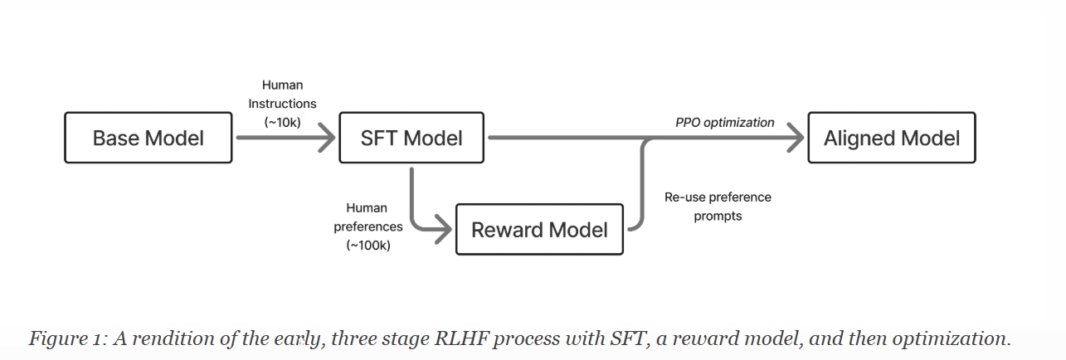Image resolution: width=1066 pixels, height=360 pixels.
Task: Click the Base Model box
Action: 148,138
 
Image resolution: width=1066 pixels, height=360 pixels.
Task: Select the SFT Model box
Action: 411,138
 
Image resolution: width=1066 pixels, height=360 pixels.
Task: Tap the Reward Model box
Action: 540,230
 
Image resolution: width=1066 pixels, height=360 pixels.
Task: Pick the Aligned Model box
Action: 892,138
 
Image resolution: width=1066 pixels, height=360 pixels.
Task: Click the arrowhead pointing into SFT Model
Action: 328,138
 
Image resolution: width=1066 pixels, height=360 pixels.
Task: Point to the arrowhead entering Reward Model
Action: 444,230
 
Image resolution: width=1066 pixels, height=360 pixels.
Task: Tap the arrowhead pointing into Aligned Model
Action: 796,138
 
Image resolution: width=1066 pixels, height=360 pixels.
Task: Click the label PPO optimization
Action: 725,123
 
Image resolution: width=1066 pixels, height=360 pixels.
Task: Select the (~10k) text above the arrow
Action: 283,123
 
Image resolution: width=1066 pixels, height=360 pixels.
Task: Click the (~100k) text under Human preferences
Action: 368,246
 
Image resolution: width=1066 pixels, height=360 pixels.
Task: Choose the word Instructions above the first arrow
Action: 282,104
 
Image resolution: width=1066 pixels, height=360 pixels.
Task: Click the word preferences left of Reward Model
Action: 368,226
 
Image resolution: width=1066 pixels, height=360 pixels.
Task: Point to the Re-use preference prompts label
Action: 718,207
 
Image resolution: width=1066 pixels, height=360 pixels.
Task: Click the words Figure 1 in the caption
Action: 69,338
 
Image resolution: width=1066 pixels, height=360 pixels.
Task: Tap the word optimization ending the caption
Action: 952,338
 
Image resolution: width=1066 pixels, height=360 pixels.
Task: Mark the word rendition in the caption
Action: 173,338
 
